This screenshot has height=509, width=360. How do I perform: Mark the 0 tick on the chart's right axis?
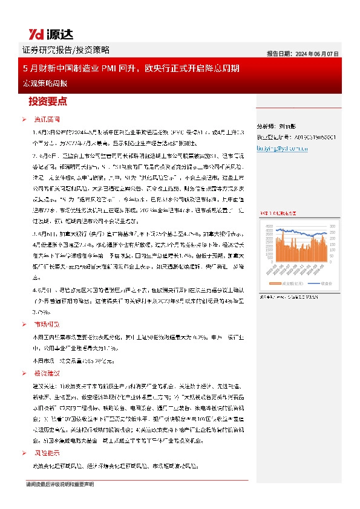point(330,261)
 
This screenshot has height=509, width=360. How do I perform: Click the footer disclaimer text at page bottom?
point(60,485)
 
